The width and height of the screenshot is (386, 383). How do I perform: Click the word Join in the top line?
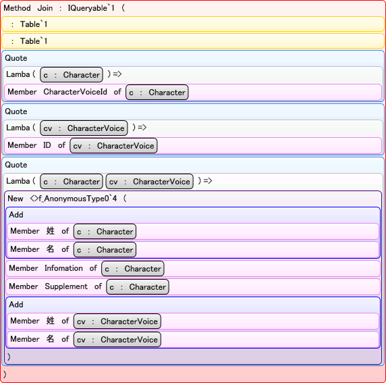pyautogui.click(x=45, y=8)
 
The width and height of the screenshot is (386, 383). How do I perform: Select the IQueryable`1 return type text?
pyautogui.click(x=91, y=8)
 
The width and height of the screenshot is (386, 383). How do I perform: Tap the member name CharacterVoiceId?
pyautogui.click(x=76, y=92)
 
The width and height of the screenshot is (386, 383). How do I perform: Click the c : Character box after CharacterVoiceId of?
pyautogui.click(x=157, y=93)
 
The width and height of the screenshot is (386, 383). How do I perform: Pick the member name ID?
pyautogui.click(x=47, y=145)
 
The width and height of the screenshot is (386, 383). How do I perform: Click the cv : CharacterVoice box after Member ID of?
pyautogui.click(x=113, y=146)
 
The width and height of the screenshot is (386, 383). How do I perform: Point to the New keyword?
pyautogui.click(x=16, y=199)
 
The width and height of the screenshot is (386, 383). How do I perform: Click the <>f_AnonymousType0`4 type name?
pyautogui.click(x=74, y=199)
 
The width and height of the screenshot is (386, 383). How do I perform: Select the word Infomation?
pyautogui.click(x=63, y=268)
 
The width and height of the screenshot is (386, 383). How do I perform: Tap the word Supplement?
pyautogui.click(x=66, y=286)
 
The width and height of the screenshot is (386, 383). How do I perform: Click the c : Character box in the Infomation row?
pyautogui.click(x=133, y=269)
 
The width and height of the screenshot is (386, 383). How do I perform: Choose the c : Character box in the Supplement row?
pyautogui.click(x=138, y=287)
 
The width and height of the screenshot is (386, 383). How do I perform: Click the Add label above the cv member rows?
pyautogui.click(x=16, y=305)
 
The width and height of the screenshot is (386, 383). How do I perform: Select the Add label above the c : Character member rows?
pyautogui.click(x=16, y=215)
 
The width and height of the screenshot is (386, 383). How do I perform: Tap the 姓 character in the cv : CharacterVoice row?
pyautogui.click(x=51, y=321)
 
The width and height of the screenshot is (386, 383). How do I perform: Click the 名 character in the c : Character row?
pyautogui.click(x=51, y=249)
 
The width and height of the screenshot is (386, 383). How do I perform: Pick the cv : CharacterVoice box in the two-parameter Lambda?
pyautogui.click(x=149, y=182)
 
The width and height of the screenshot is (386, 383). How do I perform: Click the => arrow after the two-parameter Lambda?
pyautogui.click(x=208, y=181)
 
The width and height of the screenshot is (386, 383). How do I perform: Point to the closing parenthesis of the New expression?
pyautogui.click(x=9, y=357)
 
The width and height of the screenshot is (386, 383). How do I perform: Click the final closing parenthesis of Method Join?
pyautogui.click(x=5, y=375)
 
